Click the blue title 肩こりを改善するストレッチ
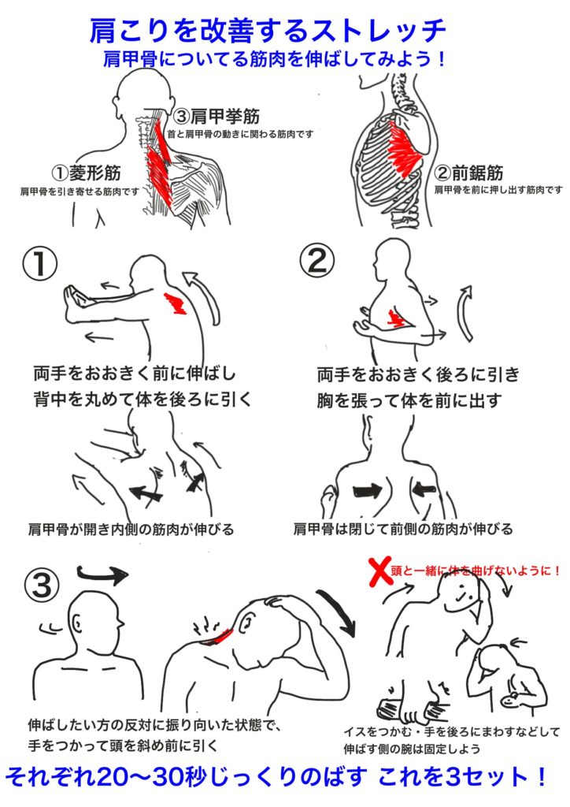coord(267,31)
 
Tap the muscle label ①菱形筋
coord(87,173)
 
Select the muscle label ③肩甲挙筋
coord(217,117)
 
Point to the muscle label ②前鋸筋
coord(468,173)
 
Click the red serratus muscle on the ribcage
coord(404,150)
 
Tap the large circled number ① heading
coord(39,265)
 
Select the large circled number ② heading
coord(316,260)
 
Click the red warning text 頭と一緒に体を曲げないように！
coord(476,571)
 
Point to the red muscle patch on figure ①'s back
coord(176,303)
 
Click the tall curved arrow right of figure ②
coord(467,314)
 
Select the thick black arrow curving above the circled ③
coord(103,574)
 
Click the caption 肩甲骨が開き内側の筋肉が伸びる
coord(131,529)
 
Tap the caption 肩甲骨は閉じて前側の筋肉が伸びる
coord(403,529)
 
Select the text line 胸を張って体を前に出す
coord(409,400)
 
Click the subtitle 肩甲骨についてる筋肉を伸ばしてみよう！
coord(275,58)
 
